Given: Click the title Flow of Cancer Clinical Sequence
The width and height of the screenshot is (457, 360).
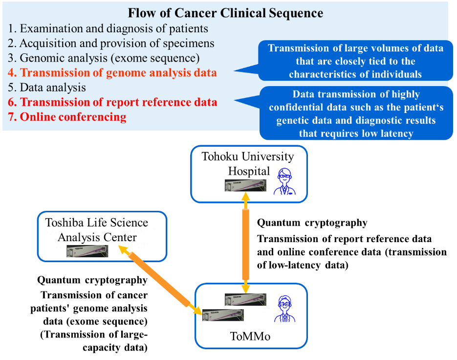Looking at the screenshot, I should click(225, 13).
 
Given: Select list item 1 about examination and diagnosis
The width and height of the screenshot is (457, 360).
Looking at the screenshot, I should click(108, 28).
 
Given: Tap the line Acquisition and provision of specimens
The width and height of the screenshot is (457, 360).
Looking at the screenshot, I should click(111, 43).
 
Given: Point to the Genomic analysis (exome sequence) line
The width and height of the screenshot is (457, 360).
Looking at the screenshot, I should click(104, 58).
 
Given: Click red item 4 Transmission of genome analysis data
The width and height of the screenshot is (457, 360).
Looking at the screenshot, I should click(112, 73).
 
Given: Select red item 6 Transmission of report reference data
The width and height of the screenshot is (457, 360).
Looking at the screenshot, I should click(112, 103).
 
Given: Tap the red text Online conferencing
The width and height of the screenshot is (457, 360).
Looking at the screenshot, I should click(67, 117).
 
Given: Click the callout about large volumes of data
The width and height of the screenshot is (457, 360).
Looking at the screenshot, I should click(355, 61).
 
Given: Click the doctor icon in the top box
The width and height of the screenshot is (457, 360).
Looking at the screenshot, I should click(284, 181).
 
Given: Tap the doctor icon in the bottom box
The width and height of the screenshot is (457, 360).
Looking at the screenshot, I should click(284, 309).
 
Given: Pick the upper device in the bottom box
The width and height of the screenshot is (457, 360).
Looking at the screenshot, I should click(245, 300).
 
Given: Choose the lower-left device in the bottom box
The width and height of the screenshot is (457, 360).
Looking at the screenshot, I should click(223, 315).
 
